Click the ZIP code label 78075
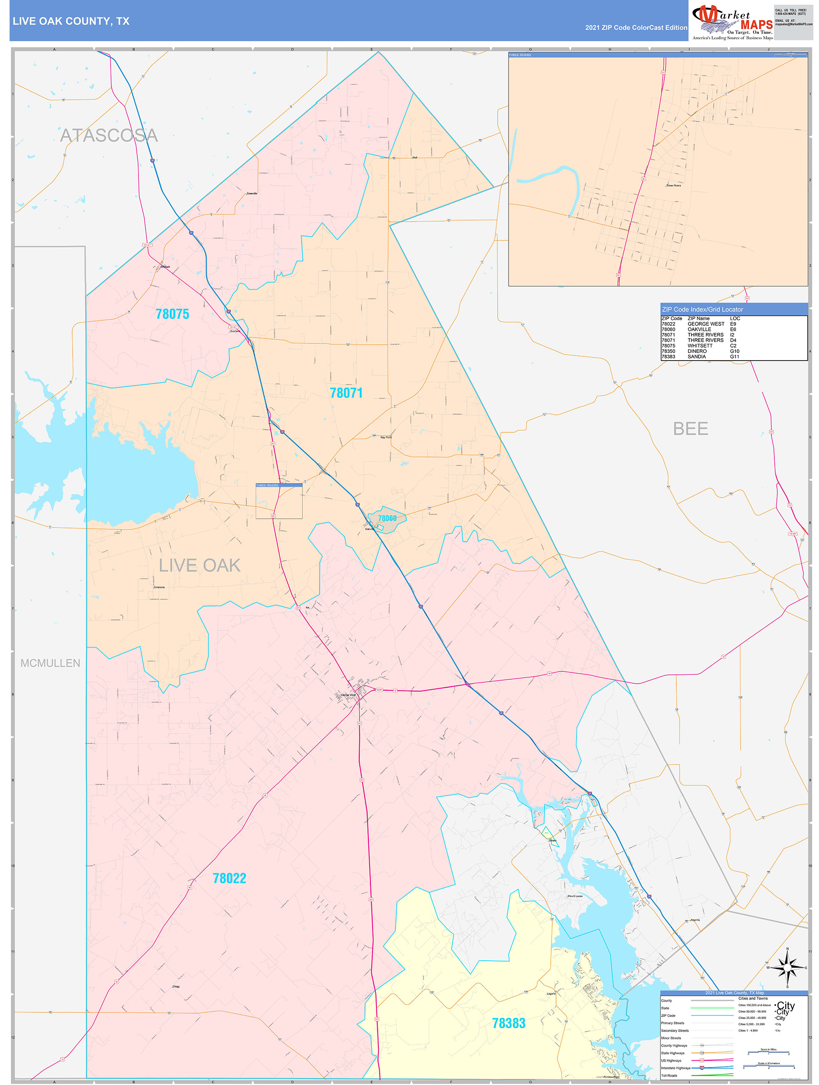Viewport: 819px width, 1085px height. pos(172,314)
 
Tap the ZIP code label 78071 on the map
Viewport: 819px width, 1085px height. pos(346,393)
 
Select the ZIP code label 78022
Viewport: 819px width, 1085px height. pos(229,878)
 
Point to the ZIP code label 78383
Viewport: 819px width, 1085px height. pos(509,1023)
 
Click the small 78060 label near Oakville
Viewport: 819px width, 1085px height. pos(387,518)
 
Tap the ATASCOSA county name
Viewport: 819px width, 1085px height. pos(109,135)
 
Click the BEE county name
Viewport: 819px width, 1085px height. pos(690,429)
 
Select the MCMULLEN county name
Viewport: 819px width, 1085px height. pos(50,663)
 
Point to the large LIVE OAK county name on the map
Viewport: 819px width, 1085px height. pos(199,565)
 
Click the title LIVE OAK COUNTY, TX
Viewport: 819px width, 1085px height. pos(71,21)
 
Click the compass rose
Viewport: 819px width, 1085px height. pos(787,967)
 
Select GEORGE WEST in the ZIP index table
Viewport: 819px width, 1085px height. pos(705,324)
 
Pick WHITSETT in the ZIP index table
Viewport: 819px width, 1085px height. pos(700,346)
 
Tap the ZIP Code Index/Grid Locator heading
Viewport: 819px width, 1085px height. pos(702,310)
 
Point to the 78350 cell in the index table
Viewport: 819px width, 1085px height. pos(668,351)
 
